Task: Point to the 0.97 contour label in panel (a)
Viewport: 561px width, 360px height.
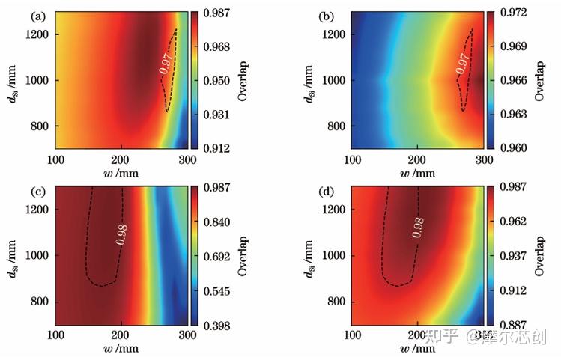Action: tap(166, 63)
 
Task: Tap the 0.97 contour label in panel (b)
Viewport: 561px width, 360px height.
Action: tap(464, 63)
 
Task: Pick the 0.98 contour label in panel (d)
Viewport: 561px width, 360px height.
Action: tap(418, 227)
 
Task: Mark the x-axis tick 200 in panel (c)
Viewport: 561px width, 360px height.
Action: tap(121, 336)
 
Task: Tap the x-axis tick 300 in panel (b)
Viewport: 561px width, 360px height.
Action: tap(483, 159)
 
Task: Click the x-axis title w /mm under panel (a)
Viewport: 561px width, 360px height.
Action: tap(121, 173)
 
